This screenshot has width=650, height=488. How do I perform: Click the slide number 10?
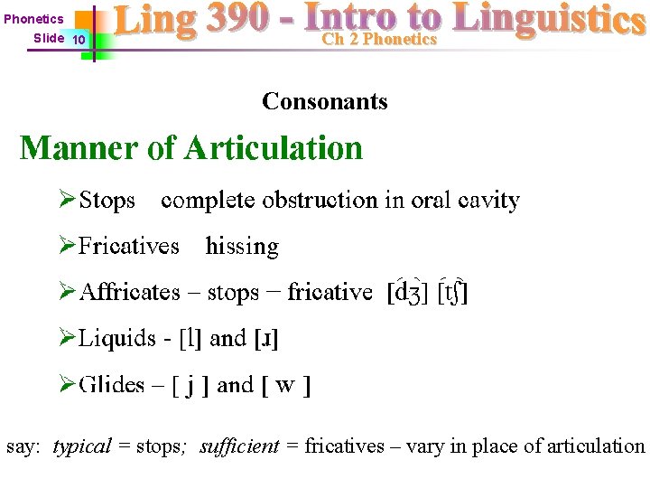tap(79, 40)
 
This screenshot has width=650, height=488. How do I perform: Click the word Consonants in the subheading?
tap(325, 101)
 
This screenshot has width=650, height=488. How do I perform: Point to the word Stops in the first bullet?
tap(107, 200)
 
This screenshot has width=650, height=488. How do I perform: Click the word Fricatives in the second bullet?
tap(128, 246)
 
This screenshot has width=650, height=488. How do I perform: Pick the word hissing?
tap(242, 246)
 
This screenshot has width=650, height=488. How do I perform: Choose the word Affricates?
tap(130, 292)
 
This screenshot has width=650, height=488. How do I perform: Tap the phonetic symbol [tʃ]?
tap(451, 292)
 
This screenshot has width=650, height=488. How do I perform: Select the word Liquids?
tap(116, 339)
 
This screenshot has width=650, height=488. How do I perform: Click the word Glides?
tap(111, 385)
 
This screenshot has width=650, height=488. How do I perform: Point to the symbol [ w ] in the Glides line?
tap(285, 386)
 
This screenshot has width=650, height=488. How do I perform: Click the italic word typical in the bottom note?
tap(82, 446)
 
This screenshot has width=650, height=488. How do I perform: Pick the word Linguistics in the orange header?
tap(548, 20)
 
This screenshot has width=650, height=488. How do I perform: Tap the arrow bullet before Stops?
tap(67, 200)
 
